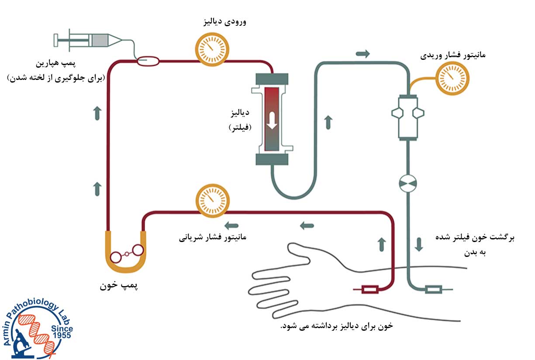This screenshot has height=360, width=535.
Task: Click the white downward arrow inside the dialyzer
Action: [272, 120]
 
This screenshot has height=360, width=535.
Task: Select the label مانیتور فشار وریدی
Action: [453, 55]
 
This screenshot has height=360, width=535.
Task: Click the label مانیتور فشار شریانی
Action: [213, 237]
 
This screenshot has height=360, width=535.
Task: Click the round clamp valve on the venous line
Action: [408, 183]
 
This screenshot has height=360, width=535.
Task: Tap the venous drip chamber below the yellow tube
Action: [408, 116]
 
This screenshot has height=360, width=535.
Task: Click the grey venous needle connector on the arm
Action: [433, 289]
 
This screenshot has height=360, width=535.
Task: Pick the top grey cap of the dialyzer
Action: [272, 79]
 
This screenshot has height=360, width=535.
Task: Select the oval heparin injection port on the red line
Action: [148, 62]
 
